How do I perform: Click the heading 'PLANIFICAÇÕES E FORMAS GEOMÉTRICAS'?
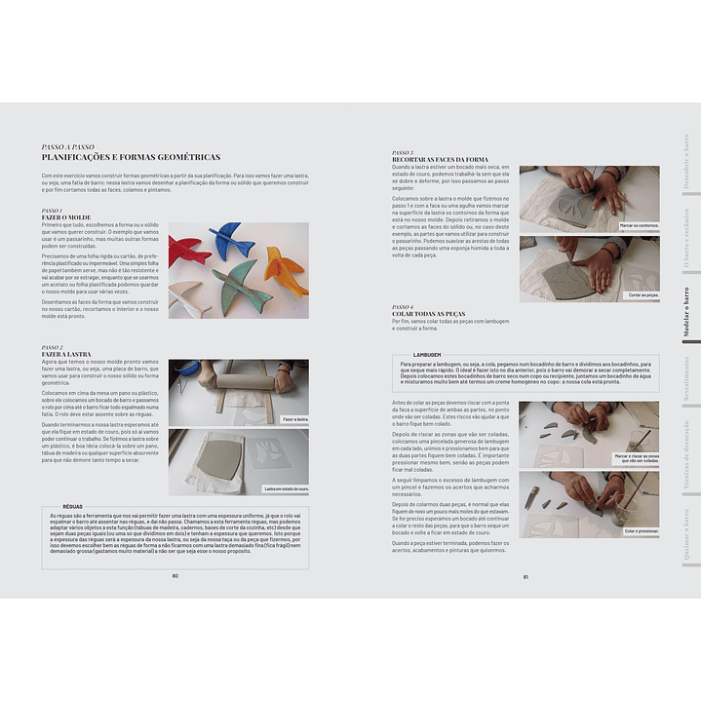click(x=131, y=157)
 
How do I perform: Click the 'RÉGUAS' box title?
click(x=72, y=507)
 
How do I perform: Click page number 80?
click(x=175, y=575)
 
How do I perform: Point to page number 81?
click(x=526, y=575)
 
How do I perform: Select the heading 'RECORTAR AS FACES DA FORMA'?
click(x=439, y=159)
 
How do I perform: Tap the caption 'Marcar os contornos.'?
click(x=639, y=225)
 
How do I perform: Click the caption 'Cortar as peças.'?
click(x=643, y=294)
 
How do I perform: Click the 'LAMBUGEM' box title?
click(x=427, y=355)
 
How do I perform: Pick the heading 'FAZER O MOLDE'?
click(x=67, y=216)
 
